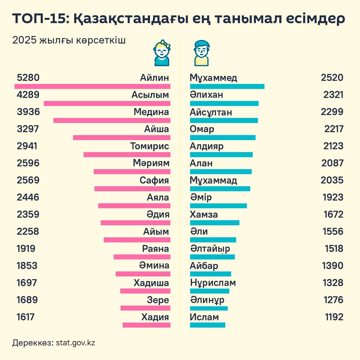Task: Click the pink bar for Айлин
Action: [92, 86]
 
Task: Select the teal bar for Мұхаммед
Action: [227, 86]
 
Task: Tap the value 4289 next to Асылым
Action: [28, 95]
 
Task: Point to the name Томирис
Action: [149, 146]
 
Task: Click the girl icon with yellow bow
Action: [162, 53]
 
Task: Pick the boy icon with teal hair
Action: [201, 53]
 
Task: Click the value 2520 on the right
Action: [332, 78]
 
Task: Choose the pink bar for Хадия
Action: [146, 325]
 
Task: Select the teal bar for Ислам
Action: [208, 325]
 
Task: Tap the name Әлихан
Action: [206, 95]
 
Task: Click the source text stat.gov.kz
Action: [75, 343]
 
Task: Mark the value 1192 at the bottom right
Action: [334, 317]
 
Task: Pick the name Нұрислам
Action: [213, 283]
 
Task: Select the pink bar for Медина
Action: [112, 120]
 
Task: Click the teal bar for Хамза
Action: [215, 223]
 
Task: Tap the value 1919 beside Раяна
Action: [26, 249]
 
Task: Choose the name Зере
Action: [158, 300]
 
